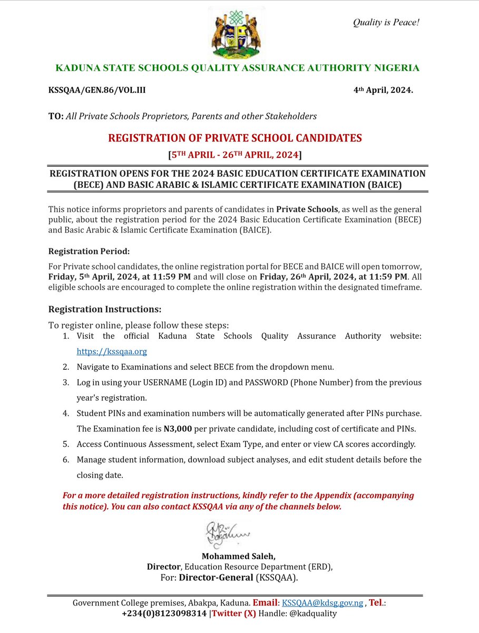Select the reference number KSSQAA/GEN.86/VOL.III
point(97,90)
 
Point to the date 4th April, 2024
point(383,90)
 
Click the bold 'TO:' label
point(56,116)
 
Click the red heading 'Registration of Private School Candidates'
point(235,138)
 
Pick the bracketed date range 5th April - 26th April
point(234,155)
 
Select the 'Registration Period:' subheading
point(89,251)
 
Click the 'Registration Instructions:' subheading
point(105,309)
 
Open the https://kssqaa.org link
point(112,351)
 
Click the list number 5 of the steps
point(66,444)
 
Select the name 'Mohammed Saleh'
point(238,556)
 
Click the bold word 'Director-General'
point(216,577)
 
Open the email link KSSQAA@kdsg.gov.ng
point(322,602)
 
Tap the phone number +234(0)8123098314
point(164,613)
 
